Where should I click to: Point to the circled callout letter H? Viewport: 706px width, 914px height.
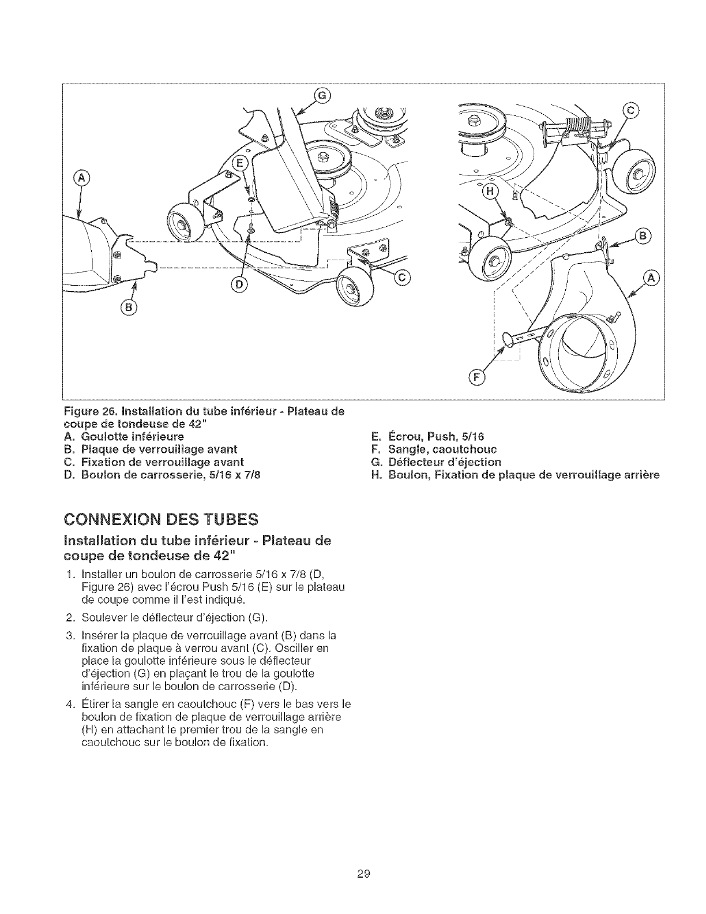tap(491, 194)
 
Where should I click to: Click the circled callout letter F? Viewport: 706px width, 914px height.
tap(476, 377)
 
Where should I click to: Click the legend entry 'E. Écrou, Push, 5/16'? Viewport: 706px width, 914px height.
tap(427, 436)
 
